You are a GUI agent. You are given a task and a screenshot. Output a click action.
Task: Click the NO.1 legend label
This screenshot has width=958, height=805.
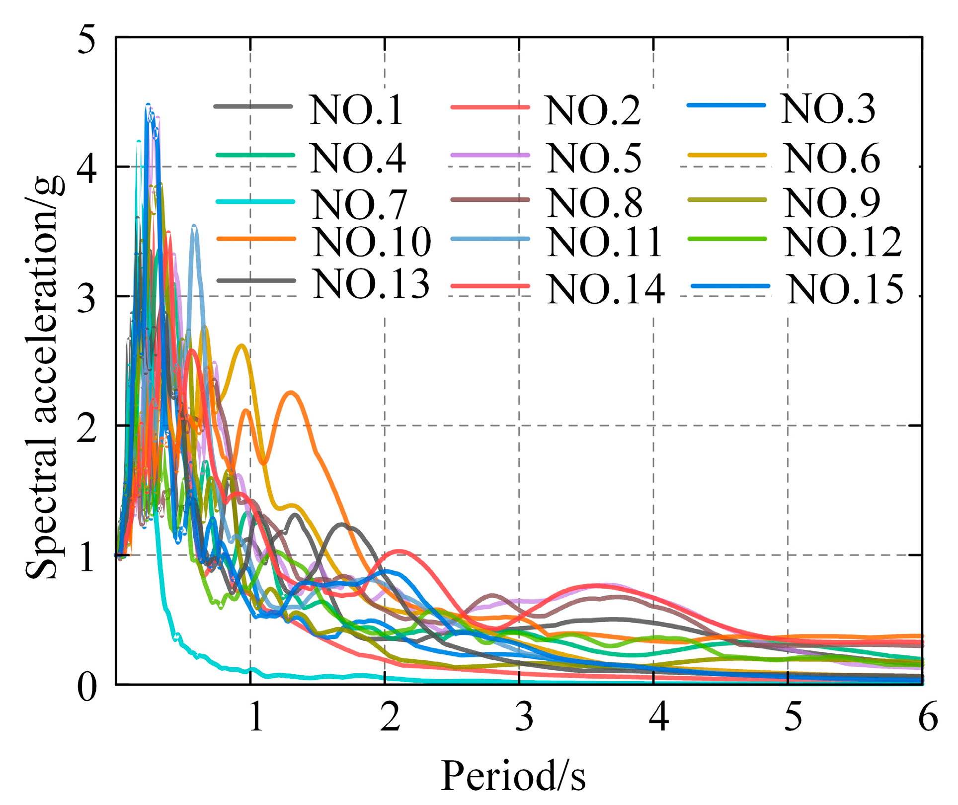[x=356, y=110]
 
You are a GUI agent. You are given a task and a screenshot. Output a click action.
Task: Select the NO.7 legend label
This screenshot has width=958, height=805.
[x=359, y=204]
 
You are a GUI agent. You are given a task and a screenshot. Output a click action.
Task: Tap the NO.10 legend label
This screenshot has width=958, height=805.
[x=372, y=242]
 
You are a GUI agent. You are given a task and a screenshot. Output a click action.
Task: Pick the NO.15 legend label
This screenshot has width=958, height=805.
[x=845, y=289]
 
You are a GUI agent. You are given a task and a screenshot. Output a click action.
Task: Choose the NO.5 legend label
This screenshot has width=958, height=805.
[x=594, y=159]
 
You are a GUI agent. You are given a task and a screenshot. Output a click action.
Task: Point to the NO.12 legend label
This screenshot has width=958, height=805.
[x=843, y=242]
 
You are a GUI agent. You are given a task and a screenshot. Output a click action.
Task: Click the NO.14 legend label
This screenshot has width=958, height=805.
[x=606, y=289]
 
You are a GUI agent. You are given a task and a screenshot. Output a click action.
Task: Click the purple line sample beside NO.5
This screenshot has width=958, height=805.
[x=490, y=155]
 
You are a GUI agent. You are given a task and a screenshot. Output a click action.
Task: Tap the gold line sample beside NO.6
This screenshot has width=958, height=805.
[x=727, y=155]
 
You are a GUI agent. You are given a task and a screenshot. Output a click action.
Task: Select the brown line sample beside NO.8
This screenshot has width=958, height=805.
[x=490, y=200]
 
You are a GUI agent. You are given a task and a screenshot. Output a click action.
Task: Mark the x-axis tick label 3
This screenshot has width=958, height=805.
[x=524, y=717]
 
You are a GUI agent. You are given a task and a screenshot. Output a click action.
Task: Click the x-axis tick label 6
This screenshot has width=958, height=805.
[x=928, y=717]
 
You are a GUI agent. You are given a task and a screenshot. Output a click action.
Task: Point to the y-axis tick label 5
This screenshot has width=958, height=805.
[x=87, y=40]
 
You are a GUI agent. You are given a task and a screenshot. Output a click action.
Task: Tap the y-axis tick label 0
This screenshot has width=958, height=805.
[x=87, y=688]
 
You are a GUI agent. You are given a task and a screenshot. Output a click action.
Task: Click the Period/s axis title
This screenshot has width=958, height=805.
[x=513, y=776]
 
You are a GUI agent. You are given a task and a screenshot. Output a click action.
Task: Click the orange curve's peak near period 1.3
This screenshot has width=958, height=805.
[x=291, y=393]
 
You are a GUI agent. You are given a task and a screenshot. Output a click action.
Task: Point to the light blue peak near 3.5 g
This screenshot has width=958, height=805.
[x=195, y=227]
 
